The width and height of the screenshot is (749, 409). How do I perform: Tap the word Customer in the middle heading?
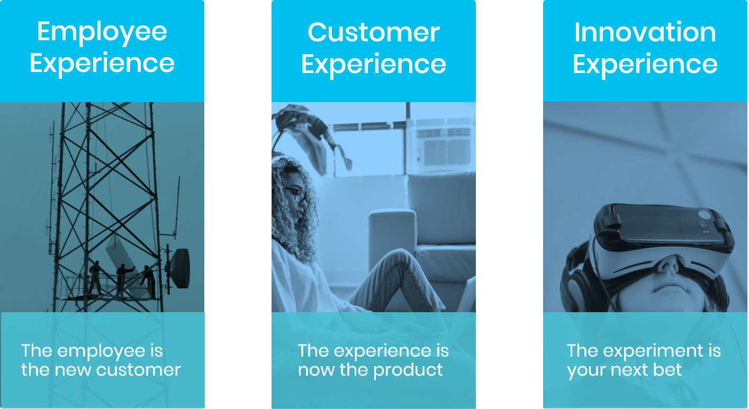(374, 32)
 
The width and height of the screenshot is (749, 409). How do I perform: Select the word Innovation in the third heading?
(645, 32)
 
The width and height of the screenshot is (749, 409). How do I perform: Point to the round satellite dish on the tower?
(180, 268)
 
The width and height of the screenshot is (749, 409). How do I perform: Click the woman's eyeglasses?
(297, 195)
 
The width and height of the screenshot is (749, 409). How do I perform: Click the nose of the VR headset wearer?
(667, 265)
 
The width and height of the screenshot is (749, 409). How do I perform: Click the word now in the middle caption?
(315, 370)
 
